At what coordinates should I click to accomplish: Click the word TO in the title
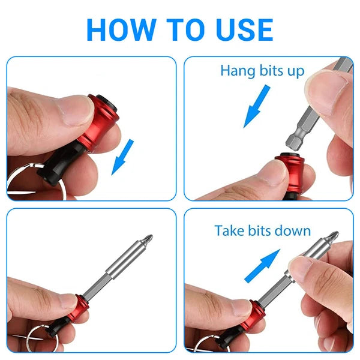(178, 29)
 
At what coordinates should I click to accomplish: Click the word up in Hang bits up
(295, 70)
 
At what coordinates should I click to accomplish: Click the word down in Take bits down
(294, 230)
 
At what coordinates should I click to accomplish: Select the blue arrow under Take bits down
(262, 266)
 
